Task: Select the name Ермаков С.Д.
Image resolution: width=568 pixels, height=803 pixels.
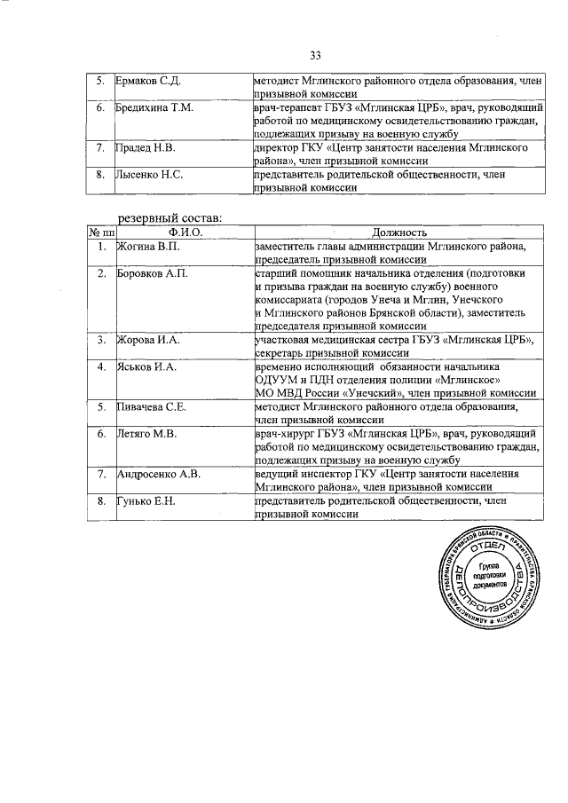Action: pyautogui.click(x=149, y=81)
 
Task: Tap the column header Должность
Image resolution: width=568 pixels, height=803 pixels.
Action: pyautogui.click(x=399, y=232)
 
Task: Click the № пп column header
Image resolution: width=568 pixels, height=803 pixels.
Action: pyautogui.click(x=100, y=232)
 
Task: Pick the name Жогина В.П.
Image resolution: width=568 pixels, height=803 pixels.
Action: pyautogui.click(x=148, y=245)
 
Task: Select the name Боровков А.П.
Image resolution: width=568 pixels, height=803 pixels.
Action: pyautogui.click(x=153, y=273)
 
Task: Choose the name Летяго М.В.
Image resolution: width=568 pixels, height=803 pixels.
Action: pyautogui.click(x=149, y=433)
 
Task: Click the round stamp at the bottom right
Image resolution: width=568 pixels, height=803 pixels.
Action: pyautogui.click(x=489, y=579)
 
